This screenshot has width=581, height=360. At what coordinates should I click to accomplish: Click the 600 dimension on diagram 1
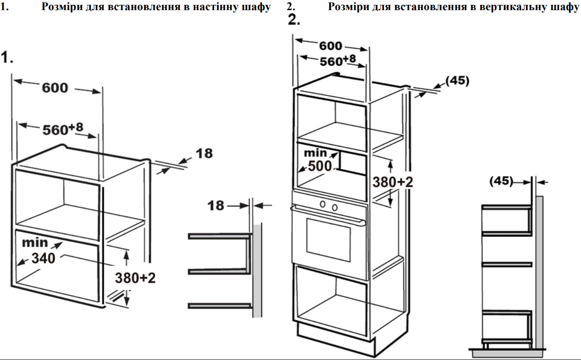[x=55, y=88]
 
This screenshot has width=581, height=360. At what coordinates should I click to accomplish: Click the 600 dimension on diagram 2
[x=331, y=46]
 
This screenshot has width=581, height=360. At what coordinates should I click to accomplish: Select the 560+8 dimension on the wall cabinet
[x=63, y=129]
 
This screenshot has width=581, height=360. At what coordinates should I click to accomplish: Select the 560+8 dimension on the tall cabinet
[x=338, y=61]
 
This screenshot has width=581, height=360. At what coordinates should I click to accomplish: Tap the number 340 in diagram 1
[x=43, y=258]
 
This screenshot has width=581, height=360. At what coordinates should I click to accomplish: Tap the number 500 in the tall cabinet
[x=320, y=166]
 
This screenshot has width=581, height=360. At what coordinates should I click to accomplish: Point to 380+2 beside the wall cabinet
[x=135, y=278]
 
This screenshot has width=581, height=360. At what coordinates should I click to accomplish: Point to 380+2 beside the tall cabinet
[x=393, y=182]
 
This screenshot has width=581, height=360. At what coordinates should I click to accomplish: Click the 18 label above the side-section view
[x=215, y=206]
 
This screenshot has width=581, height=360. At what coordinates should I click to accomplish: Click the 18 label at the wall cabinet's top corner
[x=204, y=153]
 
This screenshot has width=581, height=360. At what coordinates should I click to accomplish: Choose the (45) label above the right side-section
[x=501, y=181]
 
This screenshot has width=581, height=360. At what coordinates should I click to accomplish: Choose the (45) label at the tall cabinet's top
[x=457, y=81]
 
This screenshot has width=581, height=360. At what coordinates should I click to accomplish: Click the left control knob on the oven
[x=323, y=204]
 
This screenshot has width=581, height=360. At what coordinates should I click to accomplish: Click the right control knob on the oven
[x=335, y=208]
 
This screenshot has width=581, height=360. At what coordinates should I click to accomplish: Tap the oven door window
[x=328, y=240]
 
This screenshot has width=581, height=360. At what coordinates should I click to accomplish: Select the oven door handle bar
[x=328, y=215]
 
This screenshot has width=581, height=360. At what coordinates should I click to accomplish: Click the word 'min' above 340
[x=35, y=243]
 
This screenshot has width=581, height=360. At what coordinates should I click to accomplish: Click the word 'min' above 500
[x=315, y=153]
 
